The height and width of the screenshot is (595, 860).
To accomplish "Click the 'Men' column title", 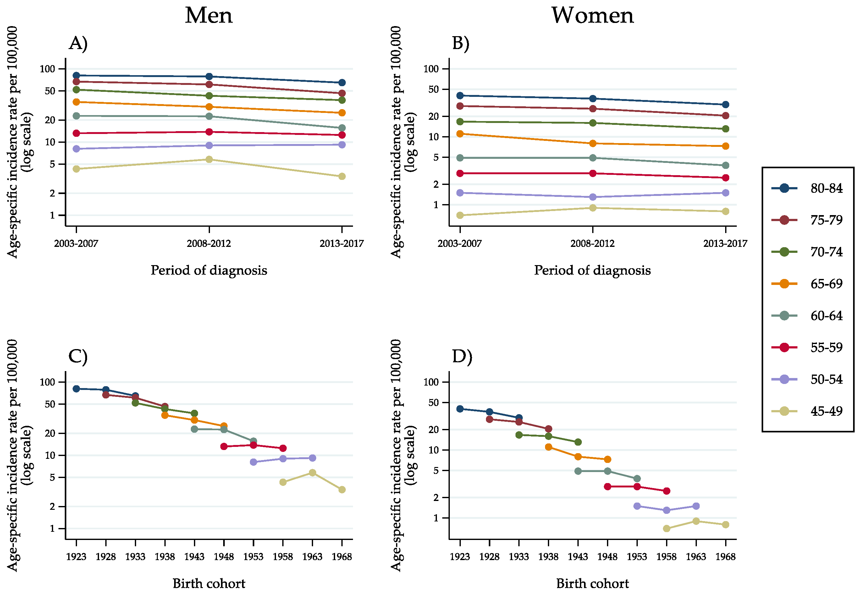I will pyautogui.click(x=209, y=16).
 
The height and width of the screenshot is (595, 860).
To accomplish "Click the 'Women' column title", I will pyautogui.click(x=593, y=16).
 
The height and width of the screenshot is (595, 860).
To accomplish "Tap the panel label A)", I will pyautogui.click(x=78, y=43).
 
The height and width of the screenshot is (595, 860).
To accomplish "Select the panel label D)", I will pyautogui.click(x=462, y=356).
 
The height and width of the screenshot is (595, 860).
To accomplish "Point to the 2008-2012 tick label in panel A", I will pyautogui.click(x=209, y=243).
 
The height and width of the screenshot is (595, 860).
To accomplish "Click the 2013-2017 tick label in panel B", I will pyautogui.click(x=725, y=243).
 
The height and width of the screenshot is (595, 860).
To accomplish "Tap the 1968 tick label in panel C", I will pyautogui.click(x=342, y=557).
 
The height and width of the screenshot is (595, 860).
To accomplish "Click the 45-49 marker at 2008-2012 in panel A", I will pyautogui.click(x=209, y=159).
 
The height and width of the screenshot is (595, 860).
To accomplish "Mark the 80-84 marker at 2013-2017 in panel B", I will pyautogui.click(x=725, y=105).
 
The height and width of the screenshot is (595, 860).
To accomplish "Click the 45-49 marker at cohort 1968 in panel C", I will pyautogui.click(x=342, y=490).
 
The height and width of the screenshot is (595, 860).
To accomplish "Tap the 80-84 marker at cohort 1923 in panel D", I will pyautogui.click(x=460, y=409).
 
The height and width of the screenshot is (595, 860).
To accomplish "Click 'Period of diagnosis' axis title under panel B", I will pyautogui.click(x=593, y=270).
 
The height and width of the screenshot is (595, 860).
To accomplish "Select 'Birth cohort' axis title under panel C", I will pyautogui.click(x=209, y=583).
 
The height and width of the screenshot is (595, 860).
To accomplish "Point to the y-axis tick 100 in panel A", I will pyautogui.click(x=47, y=69).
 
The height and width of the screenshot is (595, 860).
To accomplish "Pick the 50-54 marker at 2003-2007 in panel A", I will pyautogui.click(x=76, y=149).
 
